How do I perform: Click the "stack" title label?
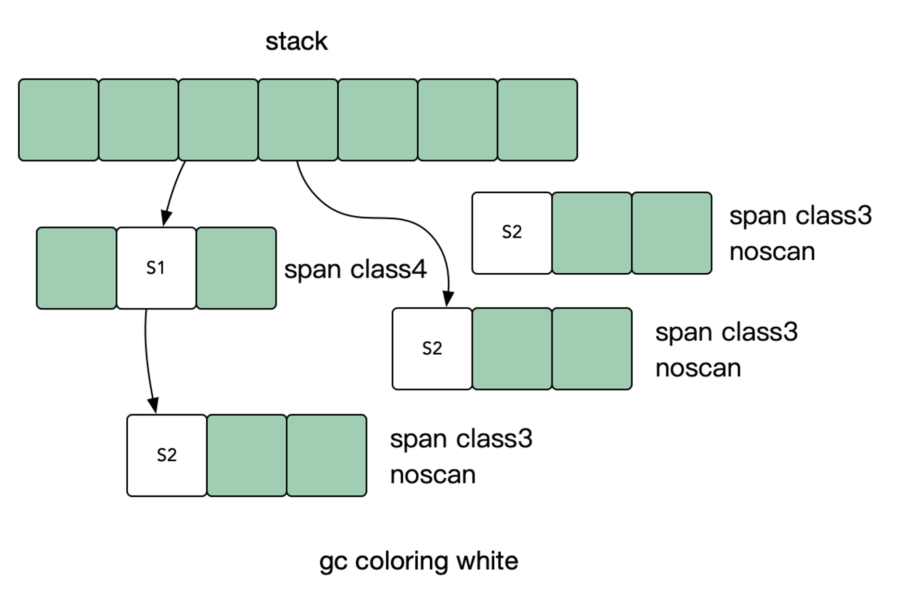tap(296, 41)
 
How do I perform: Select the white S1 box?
tap(156, 268)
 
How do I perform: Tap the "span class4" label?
tap(355, 269)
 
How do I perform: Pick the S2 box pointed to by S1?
tap(167, 455)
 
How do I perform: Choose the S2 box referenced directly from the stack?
tap(432, 348)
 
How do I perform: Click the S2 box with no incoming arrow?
tap(512, 233)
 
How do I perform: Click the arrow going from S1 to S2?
tap(148, 361)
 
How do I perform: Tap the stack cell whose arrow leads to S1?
tap(218, 120)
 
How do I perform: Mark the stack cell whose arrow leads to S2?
tap(298, 120)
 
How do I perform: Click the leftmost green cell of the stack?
tap(58, 120)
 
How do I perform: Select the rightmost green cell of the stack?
tap(538, 120)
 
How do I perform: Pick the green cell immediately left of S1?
tap(76, 268)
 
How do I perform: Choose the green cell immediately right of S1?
tap(236, 268)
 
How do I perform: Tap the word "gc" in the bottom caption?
tap(333, 563)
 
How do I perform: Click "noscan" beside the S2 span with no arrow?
tap(772, 252)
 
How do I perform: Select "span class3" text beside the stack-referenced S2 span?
tap(726, 332)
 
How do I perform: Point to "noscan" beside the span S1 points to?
tap(433, 475)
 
